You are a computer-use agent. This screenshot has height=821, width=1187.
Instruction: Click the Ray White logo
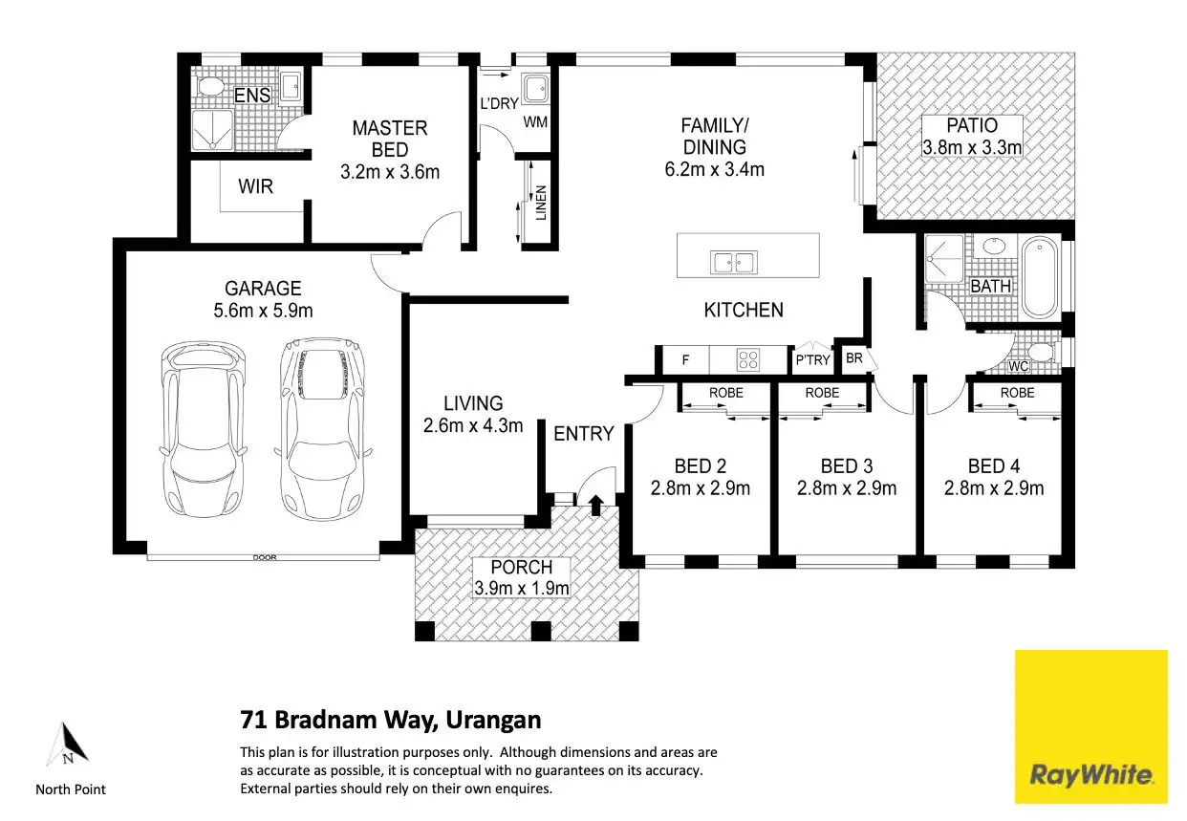point(1091,726)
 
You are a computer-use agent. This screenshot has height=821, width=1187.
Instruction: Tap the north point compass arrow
point(67,745)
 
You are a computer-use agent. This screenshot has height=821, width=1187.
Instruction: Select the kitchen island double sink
point(734,262)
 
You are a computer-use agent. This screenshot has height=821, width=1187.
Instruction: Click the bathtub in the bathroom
point(1040,278)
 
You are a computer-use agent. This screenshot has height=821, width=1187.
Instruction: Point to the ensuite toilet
point(211,86)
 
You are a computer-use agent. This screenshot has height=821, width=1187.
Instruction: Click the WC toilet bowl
point(1043,352)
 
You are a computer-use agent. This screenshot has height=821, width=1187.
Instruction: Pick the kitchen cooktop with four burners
point(748,358)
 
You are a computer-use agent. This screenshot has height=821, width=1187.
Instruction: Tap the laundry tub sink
point(536,89)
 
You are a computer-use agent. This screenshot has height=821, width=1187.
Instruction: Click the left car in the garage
point(204,430)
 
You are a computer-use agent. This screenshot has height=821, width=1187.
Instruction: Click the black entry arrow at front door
point(596,505)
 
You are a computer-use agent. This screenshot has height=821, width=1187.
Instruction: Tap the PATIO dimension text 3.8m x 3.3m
point(972,147)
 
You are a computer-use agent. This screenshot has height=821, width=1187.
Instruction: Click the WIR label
point(255,186)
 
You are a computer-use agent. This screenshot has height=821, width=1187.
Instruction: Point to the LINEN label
point(541,203)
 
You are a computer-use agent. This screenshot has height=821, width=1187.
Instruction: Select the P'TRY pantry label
point(812,360)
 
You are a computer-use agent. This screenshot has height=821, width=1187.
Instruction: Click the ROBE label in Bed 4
point(1018,393)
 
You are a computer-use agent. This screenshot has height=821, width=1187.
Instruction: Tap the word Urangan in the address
point(493,721)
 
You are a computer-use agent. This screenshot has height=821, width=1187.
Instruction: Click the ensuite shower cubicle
point(212,130)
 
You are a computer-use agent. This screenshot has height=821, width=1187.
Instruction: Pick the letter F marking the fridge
point(685,360)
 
